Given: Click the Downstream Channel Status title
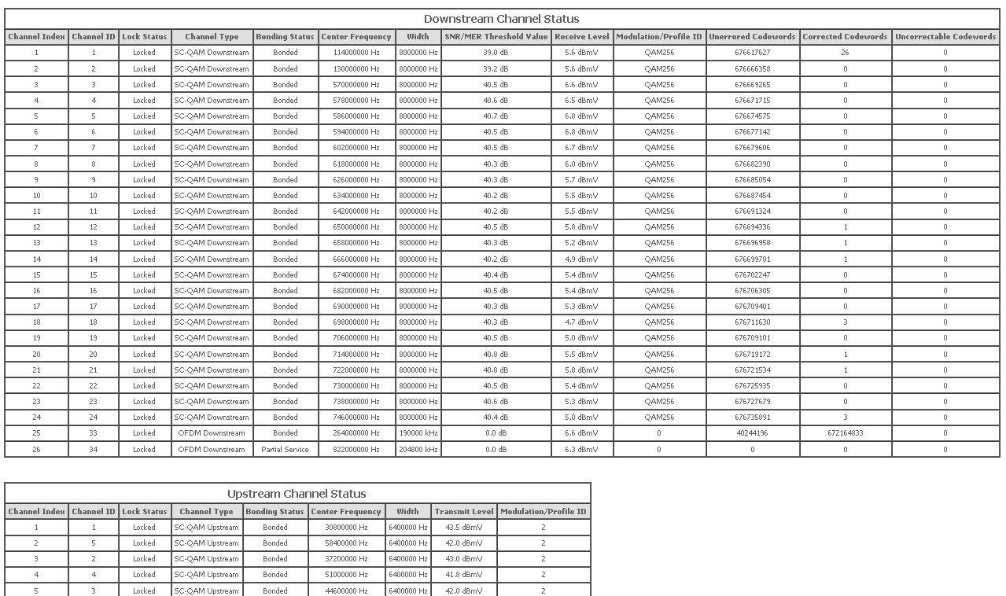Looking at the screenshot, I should (501, 19).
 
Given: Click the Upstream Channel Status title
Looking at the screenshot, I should (297, 494).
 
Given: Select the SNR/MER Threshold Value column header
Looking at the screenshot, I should (496, 37).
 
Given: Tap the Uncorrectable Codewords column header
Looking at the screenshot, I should (945, 37).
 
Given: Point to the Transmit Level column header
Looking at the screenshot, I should (464, 512).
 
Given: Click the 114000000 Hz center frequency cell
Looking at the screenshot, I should (356, 53).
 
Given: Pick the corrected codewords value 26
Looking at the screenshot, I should (845, 53).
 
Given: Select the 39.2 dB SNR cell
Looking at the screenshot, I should (496, 69).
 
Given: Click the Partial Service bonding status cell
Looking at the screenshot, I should (286, 450).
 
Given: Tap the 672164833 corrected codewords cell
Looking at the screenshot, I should (845, 433).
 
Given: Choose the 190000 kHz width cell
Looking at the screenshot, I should (418, 433).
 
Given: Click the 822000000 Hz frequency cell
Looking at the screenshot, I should (356, 450).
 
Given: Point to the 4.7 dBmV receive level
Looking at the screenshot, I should (581, 322).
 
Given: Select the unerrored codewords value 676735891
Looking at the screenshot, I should (752, 418).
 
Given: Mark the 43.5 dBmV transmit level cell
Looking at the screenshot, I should (464, 528).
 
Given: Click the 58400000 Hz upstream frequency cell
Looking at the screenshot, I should (346, 543).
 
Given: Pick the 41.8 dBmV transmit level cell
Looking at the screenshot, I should (464, 575).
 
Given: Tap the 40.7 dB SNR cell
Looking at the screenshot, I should (496, 116).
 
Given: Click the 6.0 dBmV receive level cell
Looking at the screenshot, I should (581, 164).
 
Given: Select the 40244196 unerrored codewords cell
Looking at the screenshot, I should (752, 433).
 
